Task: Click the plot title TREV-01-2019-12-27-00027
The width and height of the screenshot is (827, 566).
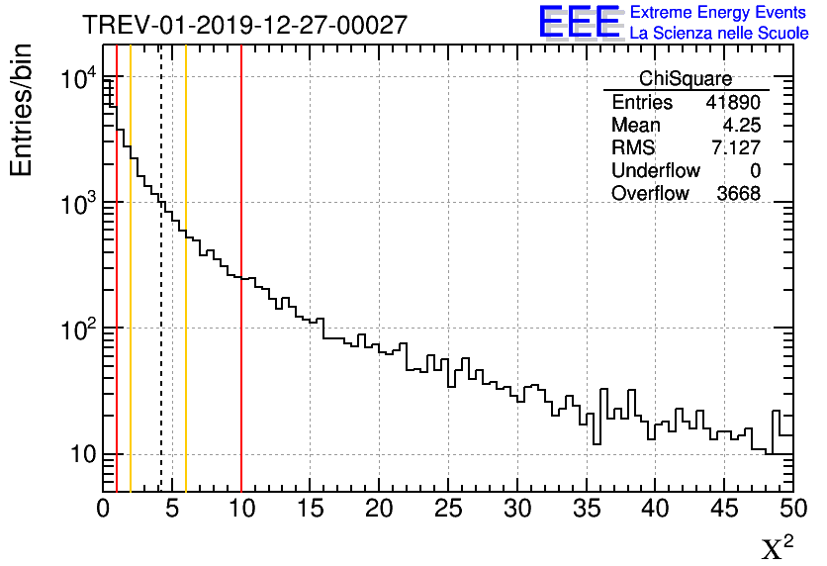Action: coord(244,25)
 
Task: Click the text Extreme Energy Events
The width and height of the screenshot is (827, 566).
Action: coord(718,13)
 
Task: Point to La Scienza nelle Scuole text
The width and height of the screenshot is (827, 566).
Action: coord(718,33)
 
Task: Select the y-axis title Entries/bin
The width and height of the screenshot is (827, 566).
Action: coord(21,111)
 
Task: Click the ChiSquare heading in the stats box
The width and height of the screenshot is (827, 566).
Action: coord(686,79)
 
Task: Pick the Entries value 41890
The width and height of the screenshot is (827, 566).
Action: coord(733,103)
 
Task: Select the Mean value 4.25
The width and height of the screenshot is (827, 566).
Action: coord(741,126)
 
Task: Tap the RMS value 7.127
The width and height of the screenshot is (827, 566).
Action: coord(736,148)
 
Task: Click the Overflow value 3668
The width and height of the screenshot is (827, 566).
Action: coord(738,194)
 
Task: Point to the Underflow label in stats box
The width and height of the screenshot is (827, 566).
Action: coord(655,171)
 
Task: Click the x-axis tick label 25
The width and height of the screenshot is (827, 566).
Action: coord(448,509)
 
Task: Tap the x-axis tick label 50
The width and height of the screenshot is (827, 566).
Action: coord(790,509)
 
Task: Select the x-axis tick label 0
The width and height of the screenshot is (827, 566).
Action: coord(104,509)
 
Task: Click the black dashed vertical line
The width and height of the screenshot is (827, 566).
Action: coord(161,297)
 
